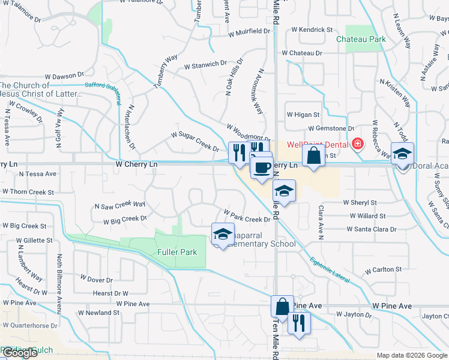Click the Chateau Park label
point(369,39)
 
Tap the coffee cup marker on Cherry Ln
point(261,168)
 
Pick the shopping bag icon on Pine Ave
point(282,306)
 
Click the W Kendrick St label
point(312,29)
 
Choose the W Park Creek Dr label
point(247,216)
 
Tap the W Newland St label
point(100,313)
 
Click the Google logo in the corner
point(20,353)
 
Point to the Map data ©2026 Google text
point(412,355)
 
